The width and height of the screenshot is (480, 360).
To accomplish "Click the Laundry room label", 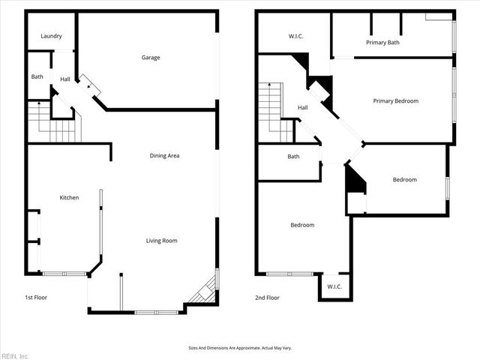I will click(51, 36).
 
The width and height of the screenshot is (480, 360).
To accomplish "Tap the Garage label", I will click(151, 58).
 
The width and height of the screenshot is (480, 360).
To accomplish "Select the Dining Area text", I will click(164, 156).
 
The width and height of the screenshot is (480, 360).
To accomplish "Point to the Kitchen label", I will click(69, 198).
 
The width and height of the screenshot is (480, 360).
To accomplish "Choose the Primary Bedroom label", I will click(395, 101).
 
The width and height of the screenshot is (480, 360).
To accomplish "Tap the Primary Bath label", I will click(382, 43).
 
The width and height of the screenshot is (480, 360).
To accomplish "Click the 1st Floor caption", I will click(37, 298).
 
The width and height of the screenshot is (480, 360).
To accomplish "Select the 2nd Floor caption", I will click(267, 298).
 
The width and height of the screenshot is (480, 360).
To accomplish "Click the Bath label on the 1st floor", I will click(37, 76).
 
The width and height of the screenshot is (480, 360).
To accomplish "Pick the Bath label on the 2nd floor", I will click(293, 157).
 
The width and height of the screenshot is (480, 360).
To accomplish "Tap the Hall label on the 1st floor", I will click(65, 79).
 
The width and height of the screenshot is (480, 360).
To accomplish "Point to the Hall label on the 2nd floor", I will click(302, 108).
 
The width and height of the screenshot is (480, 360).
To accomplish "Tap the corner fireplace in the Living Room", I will click(205, 290).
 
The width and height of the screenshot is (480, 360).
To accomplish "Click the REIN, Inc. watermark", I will click(15, 355).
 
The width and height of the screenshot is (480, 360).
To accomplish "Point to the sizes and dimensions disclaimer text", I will click(239, 348).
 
